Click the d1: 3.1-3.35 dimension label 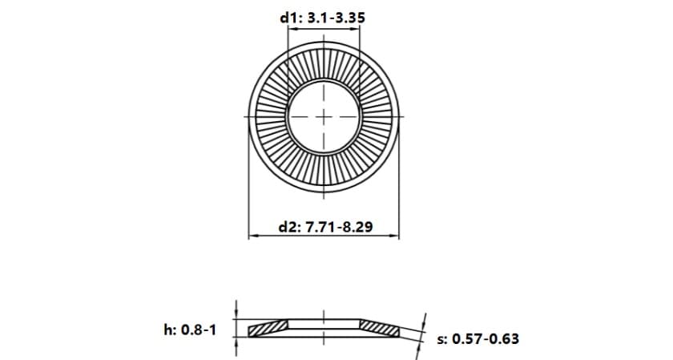click(322, 18)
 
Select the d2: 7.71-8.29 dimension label click(326, 226)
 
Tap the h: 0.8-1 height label click(190, 330)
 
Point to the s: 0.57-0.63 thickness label click(478, 338)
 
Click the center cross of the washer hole click(324, 116)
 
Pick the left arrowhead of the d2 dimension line click(253, 236)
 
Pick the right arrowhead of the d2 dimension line click(394, 236)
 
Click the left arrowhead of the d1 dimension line click(292, 29)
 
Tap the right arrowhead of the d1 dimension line click(355, 29)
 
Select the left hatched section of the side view click(267, 329)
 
